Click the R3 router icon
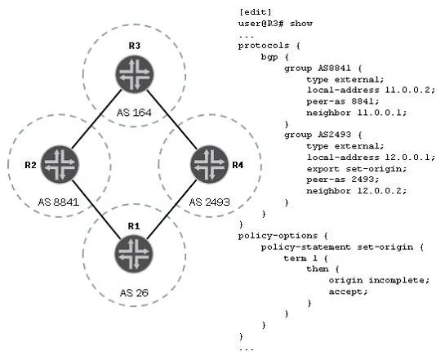click(x=135, y=74)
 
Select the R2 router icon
click(x=60, y=165)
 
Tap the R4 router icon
click(x=210, y=165)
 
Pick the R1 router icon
click(x=134, y=254)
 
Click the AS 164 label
click(x=134, y=113)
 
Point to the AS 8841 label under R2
click(x=59, y=202)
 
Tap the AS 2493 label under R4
click(x=210, y=202)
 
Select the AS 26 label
click(x=134, y=292)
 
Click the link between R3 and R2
click(x=96, y=119)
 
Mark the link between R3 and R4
click(x=172, y=119)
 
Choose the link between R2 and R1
click(x=96, y=209)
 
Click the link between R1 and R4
click(x=172, y=209)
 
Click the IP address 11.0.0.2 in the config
click(x=410, y=91)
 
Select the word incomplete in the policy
click(x=398, y=280)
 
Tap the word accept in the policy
click(x=348, y=291)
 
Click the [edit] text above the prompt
click(x=255, y=12)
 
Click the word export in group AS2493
click(x=323, y=169)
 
